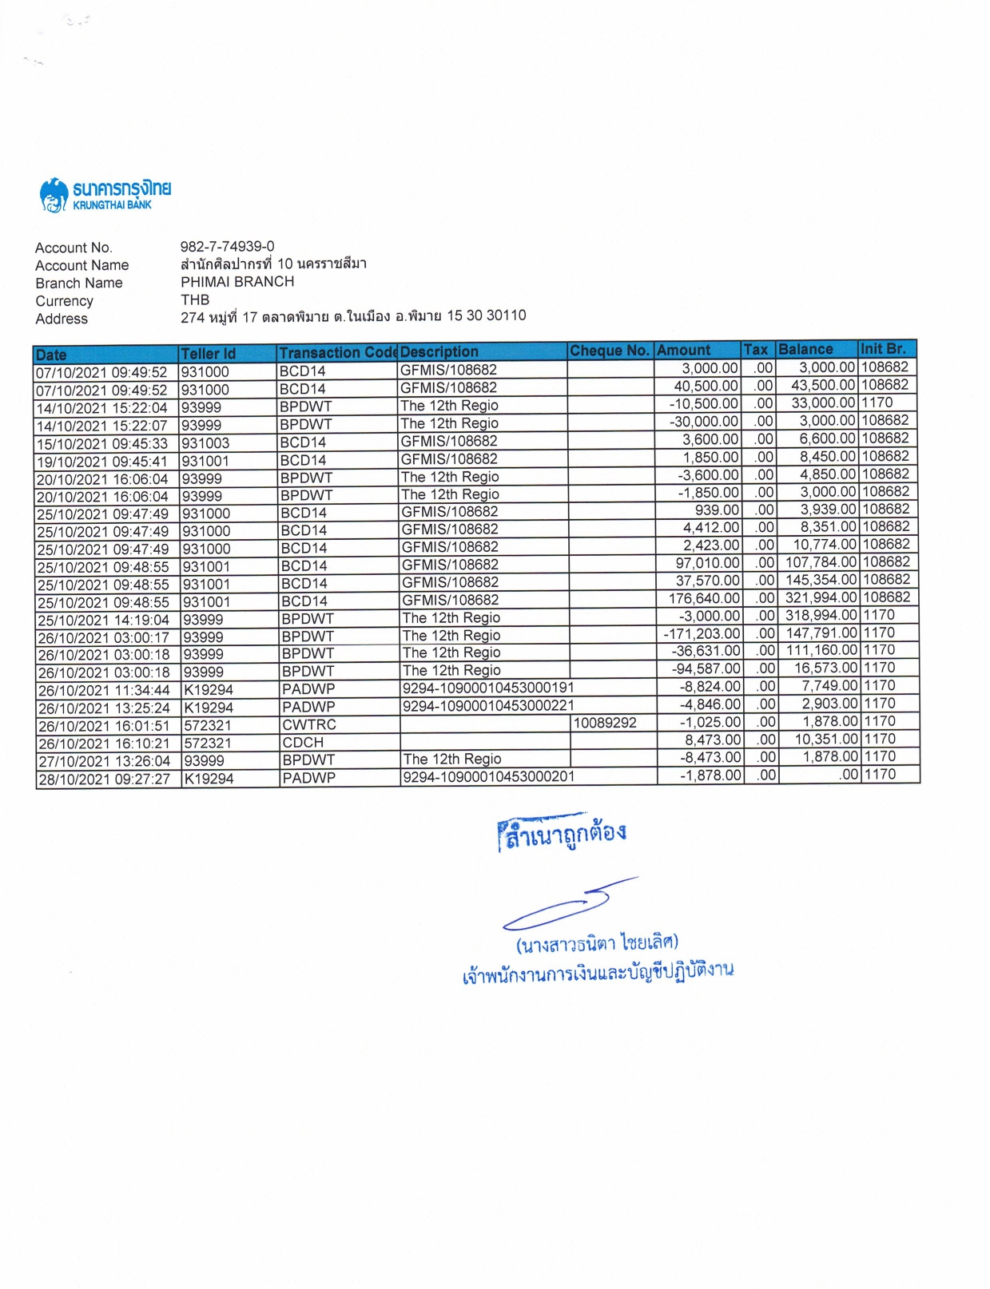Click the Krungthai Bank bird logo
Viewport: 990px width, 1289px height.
[x=54, y=195]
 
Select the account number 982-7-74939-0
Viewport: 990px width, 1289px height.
[x=227, y=246]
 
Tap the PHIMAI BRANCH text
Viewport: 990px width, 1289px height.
[x=237, y=281]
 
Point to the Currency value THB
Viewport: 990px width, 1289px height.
[x=195, y=299]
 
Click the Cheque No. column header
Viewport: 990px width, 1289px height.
[x=609, y=351]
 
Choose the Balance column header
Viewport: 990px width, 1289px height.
[x=805, y=349]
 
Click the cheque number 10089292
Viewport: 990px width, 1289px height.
[x=605, y=723]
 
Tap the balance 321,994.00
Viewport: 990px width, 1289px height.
[x=821, y=597]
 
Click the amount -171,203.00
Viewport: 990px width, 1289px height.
[x=702, y=633]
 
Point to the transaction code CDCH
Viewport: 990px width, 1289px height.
[x=303, y=742]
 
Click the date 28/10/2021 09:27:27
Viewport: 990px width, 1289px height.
[x=104, y=779]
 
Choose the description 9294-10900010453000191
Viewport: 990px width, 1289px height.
[x=487, y=688]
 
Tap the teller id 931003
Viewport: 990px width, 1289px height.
[x=205, y=443]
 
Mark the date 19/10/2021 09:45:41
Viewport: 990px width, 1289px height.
[x=102, y=461]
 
